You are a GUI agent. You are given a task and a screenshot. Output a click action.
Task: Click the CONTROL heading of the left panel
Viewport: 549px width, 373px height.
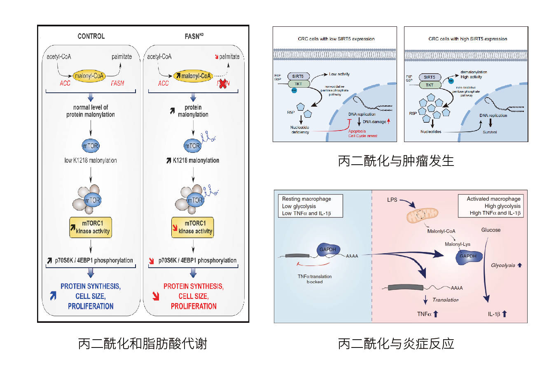(91, 36)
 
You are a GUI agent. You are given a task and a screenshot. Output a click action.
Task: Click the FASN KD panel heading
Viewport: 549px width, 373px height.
(194, 36)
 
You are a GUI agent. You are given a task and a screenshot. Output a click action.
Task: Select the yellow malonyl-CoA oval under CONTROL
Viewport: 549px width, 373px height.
(89, 76)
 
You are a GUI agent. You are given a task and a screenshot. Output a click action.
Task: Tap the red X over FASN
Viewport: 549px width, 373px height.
(223, 83)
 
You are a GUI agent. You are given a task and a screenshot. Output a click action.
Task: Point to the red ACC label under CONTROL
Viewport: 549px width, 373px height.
(65, 83)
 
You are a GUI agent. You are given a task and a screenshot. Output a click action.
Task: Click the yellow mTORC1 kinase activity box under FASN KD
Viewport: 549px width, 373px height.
(193, 227)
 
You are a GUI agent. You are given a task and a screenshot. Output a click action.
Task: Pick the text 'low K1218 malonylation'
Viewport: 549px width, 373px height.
(91, 161)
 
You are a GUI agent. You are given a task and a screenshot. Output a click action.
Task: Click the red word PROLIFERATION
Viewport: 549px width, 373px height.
(194, 306)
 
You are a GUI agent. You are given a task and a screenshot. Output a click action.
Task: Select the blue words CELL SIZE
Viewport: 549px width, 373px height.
(91, 296)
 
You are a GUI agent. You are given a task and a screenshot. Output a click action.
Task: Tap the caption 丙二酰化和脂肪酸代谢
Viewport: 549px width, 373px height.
(143, 343)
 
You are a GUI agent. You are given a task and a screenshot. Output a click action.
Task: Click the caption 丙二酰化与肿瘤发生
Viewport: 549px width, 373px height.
(396, 161)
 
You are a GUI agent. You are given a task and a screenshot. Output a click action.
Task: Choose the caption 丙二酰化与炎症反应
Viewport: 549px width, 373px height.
(396, 343)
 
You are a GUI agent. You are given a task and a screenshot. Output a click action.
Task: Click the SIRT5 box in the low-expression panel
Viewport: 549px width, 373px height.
(298, 76)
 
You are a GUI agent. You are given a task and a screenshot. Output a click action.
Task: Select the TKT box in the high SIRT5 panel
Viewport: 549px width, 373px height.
(430, 85)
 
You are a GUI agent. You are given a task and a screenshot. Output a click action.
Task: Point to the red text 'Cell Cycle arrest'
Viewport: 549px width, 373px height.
(363, 136)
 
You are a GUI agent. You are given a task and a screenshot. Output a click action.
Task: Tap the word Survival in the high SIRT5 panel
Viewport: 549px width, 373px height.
(490, 132)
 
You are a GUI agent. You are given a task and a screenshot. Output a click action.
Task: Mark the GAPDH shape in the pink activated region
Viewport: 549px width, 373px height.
(468, 257)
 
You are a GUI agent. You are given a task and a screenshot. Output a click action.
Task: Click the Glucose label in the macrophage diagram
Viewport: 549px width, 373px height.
(491, 230)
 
